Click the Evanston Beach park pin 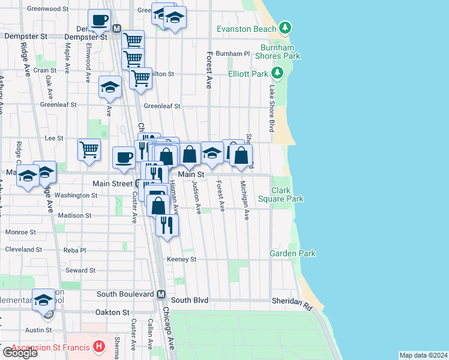pos(286,28)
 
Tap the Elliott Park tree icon pos(277,74)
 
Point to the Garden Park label pos(292,254)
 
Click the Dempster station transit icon pos(117,28)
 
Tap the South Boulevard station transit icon pos(161,295)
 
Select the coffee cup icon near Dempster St pos(99,20)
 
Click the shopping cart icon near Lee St pos(89,149)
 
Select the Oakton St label pos(112,312)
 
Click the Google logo pos(20,353)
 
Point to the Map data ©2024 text pos(423,355)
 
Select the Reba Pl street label pos(76,250)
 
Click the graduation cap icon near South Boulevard pos(44,300)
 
